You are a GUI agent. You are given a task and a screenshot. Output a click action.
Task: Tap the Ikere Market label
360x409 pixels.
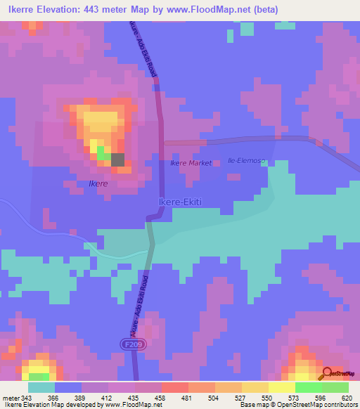pyautogui.click(x=191, y=163)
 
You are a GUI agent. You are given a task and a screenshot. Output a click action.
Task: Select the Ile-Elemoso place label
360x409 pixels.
pyautogui.click(x=246, y=161)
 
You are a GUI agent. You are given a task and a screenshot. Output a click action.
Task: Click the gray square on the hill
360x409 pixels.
pyautogui.click(x=117, y=160)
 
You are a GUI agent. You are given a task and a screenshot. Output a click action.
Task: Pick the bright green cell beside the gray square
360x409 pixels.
pyautogui.click(x=102, y=152)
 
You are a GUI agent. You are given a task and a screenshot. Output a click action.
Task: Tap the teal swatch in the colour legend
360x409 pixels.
pyautogui.click(x=41, y=387)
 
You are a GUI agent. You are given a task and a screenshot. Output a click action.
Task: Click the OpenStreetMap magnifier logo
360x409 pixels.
pyautogui.click(x=327, y=373)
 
